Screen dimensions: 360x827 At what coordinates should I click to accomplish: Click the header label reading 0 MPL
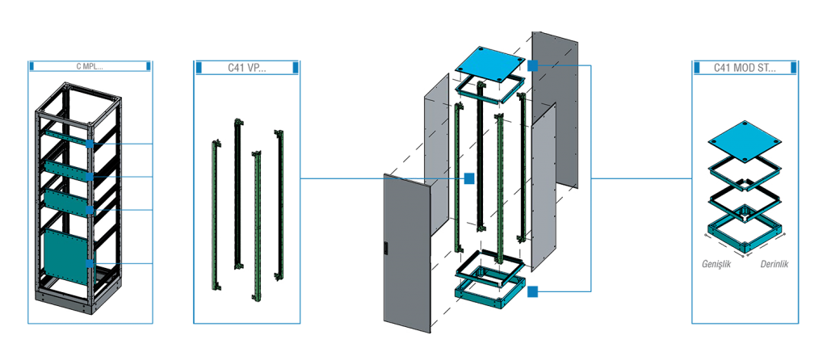pyautogui.click(x=89, y=67)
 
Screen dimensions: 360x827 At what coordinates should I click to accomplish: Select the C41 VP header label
pyautogui.click(x=246, y=67)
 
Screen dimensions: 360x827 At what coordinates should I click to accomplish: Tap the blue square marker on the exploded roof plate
pyautogui.click(x=532, y=65)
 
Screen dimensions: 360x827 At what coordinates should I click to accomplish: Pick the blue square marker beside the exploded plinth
pyautogui.click(x=532, y=291)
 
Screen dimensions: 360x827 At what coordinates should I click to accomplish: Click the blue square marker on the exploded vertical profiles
pyautogui.click(x=468, y=178)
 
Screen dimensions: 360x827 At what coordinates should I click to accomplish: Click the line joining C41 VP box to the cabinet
pyautogui.click(x=339, y=178)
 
